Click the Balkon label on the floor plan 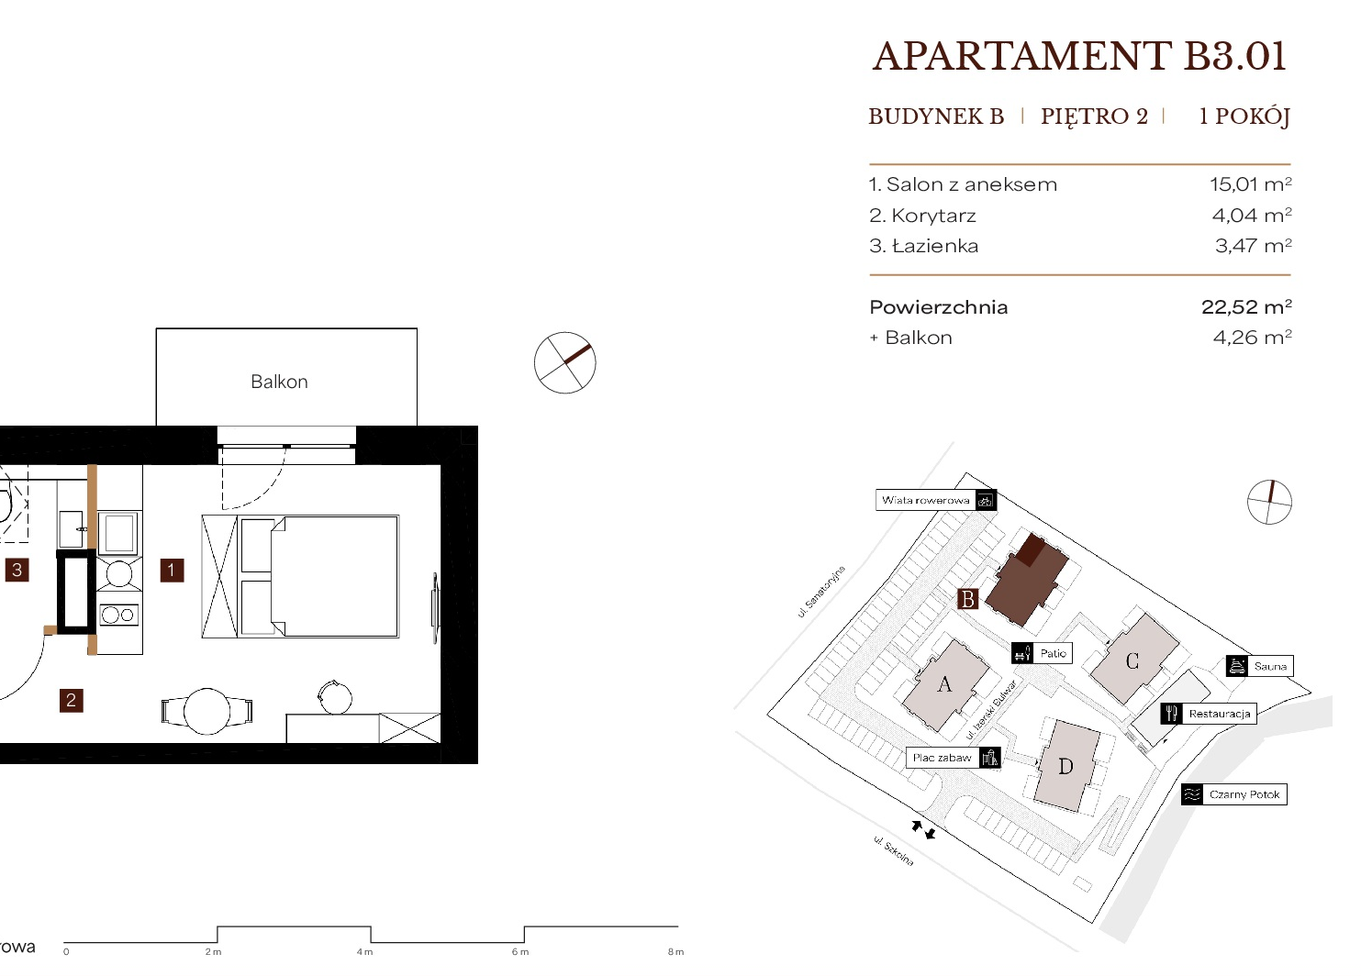(280, 382)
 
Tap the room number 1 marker (172, 571)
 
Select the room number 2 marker (71, 700)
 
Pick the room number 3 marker (17, 570)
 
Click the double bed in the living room (319, 576)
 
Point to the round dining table (206, 711)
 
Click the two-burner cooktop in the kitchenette (119, 615)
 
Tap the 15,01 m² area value (1251, 184)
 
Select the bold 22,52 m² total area (1247, 306)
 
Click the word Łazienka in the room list (935, 245)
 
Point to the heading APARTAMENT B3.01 (1079, 57)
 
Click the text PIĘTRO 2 (1094, 116)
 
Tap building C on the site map (1133, 659)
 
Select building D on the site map (1066, 766)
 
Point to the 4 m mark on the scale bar (364, 952)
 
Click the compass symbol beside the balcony (565, 362)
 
